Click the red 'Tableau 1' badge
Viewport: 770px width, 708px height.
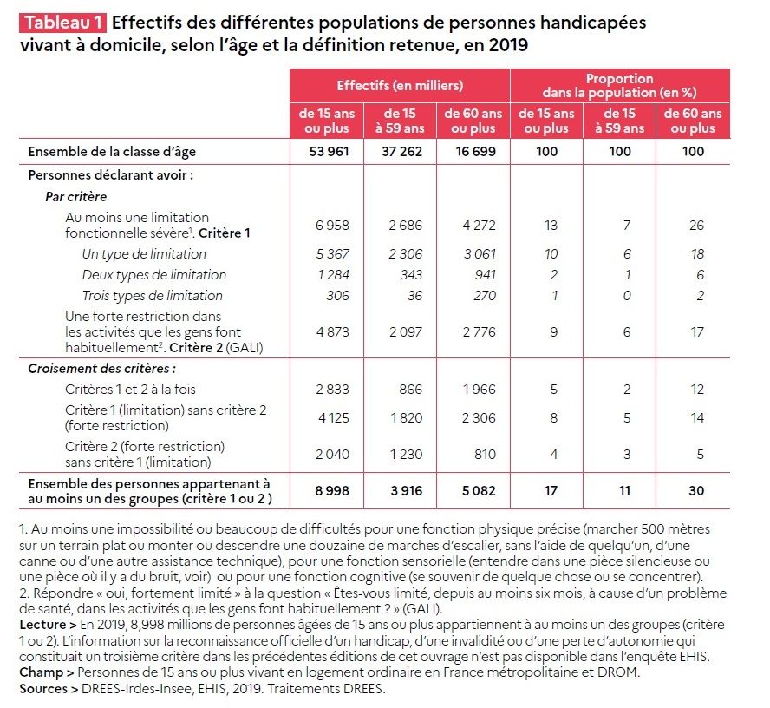tap(62, 23)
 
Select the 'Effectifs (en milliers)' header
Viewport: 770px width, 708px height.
tap(400, 86)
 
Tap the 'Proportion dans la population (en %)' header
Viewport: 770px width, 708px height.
tap(619, 86)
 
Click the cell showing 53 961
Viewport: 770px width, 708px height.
tap(329, 151)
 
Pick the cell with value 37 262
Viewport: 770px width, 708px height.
tap(401, 151)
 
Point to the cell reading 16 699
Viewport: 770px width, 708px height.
tap(475, 151)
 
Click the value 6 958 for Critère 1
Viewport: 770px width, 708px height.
tap(332, 225)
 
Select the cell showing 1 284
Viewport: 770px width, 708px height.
tap(333, 275)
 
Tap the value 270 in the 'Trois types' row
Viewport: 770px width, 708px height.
tap(485, 295)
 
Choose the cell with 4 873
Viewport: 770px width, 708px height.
tap(332, 332)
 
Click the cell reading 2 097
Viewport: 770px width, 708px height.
tap(406, 332)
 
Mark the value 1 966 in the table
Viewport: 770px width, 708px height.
tap(479, 389)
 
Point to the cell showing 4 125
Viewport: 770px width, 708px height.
tap(334, 417)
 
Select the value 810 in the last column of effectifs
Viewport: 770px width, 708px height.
tap(485, 454)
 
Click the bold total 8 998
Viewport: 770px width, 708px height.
tap(332, 490)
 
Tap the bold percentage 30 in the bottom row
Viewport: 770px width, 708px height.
tap(696, 490)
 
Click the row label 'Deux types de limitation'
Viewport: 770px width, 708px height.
tap(154, 275)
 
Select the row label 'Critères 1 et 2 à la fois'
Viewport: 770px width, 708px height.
tap(130, 389)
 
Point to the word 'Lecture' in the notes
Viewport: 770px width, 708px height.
tap(42, 625)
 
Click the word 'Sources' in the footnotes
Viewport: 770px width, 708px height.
tap(43, 689)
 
